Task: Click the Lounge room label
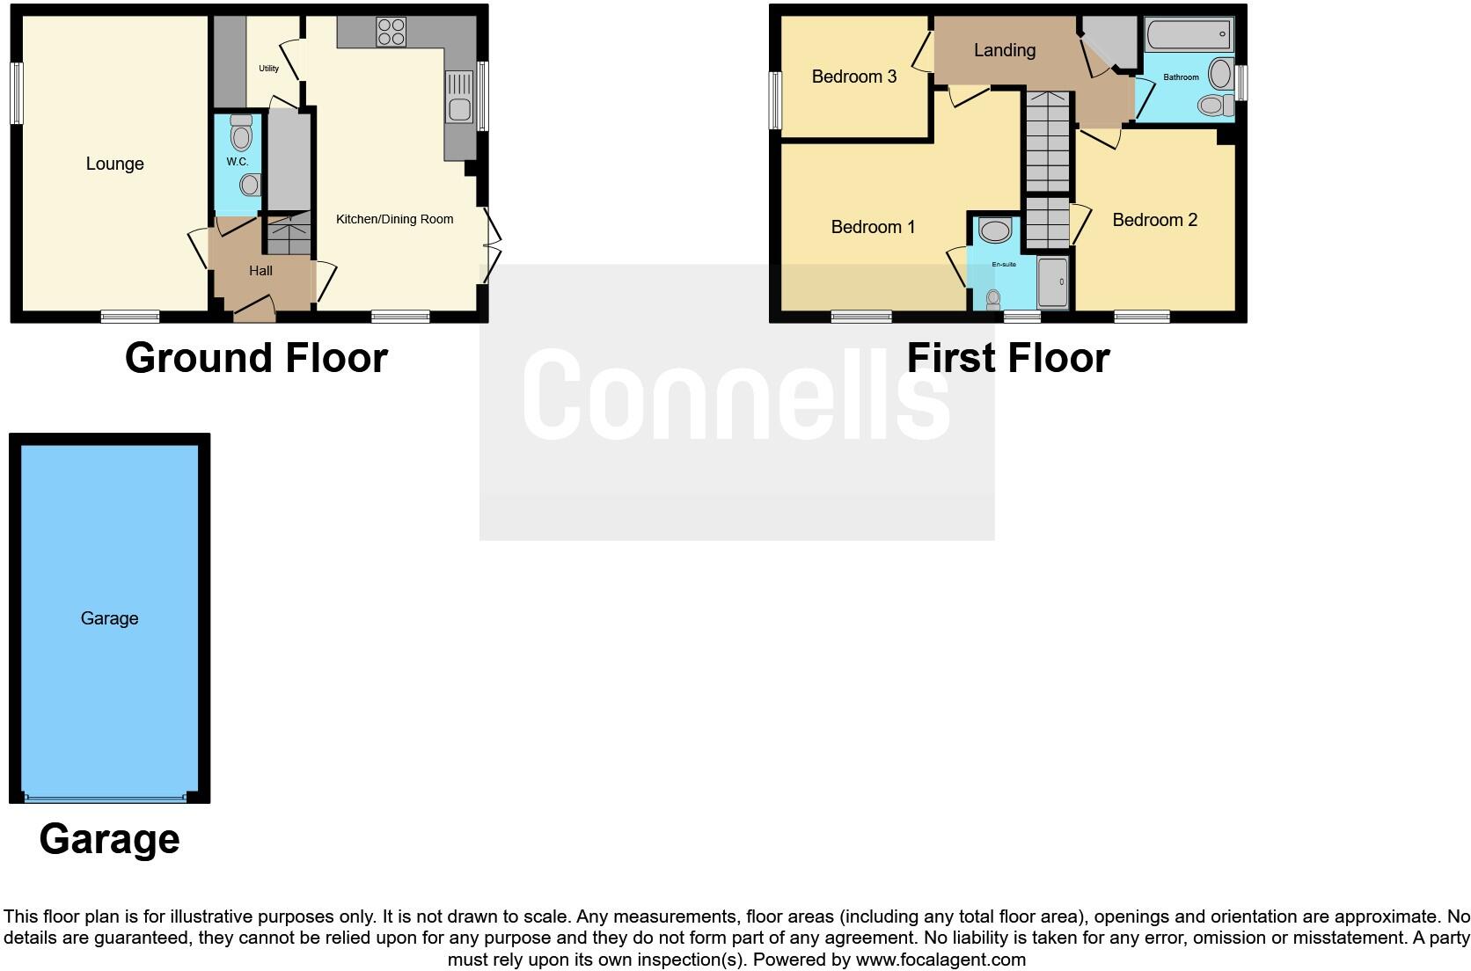(114, 164)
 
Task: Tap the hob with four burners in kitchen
(392, 33)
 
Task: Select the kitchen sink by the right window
(459, 97)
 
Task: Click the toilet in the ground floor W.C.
(239, 135)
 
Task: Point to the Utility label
(268, 69)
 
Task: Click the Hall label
(260, 271)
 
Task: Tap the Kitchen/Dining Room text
(394, 219)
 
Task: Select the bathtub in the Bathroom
(1189, 36)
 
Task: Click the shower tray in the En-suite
(1053, 282)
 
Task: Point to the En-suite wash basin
(995, 231)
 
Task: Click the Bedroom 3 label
(853, 77)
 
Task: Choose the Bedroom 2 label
(1154, 220)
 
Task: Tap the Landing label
(1004, 50)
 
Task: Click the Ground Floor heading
(256, 358)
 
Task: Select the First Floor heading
(1007, 358)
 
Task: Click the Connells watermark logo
(736, 395)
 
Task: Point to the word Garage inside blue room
(109, 618)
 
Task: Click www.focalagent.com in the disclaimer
(940, 960)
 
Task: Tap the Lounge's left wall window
(16, 92)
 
